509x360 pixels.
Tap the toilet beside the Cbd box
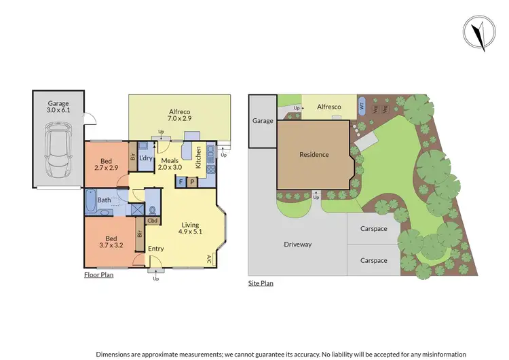point(153,209)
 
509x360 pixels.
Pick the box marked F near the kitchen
point(182,181)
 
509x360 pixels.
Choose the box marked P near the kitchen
point(192,181)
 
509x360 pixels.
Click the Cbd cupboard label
point(153,221)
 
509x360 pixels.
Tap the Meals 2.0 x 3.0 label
point(170,165)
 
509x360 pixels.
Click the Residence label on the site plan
point(314,155)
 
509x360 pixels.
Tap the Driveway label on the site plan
point(297,244)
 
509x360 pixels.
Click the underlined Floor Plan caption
point(98,276)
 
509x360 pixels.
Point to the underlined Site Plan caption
point(261,283)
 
